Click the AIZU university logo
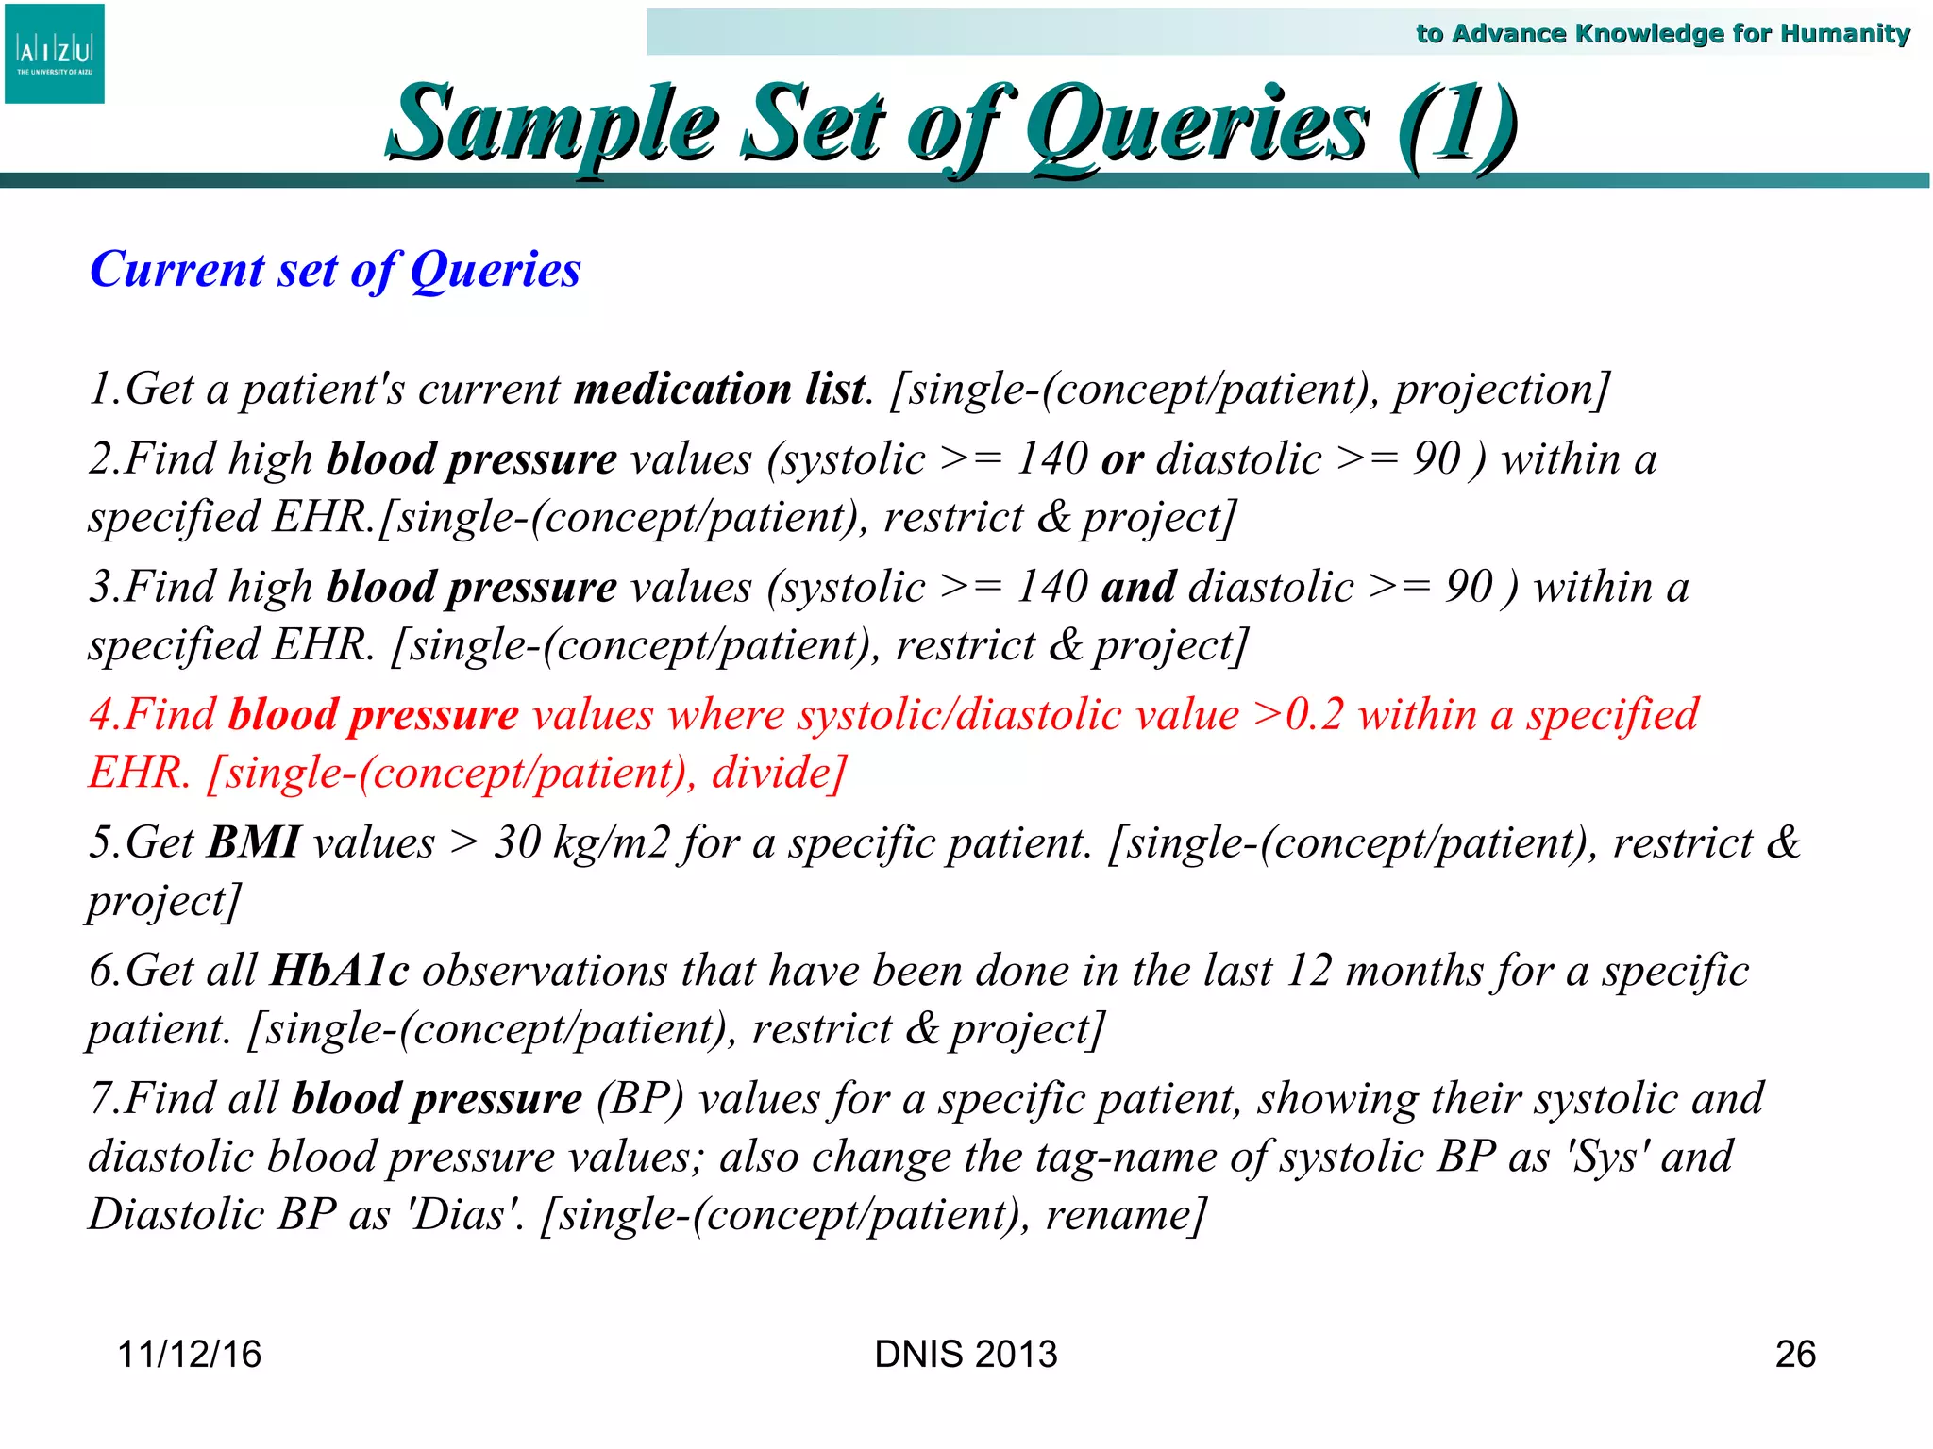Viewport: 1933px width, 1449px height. [x=55, y=54]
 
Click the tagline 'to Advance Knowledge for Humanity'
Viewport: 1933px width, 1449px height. [x=1662, y=34]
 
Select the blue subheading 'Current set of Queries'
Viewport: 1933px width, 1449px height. [x=335, y=270]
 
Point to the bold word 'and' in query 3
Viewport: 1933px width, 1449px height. [x=1138, y=588]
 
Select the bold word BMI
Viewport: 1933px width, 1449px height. [x=254, y=842]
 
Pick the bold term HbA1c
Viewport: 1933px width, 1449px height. [x=339, y=971]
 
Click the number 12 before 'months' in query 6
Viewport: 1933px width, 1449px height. [x=1308, y=971]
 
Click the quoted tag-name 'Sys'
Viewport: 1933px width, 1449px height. [x=1607, y=1158]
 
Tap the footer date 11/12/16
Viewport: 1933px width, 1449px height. [x=189, y=1355]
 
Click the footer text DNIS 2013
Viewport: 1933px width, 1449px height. [x=966, y=1355]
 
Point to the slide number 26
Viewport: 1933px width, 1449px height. [x=1794, y=1355]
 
